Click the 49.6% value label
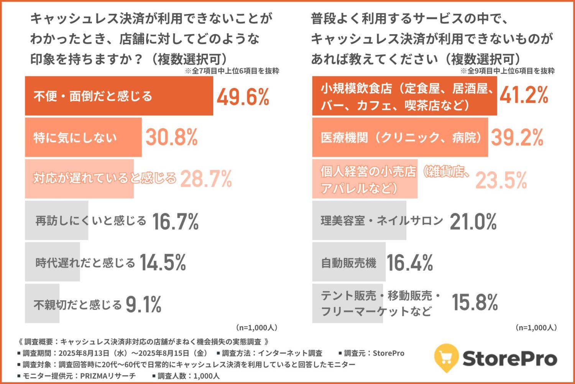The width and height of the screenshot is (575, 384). [243, 96]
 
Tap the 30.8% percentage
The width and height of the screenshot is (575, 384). [171, 137]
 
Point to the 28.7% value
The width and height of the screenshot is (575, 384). [206, 179]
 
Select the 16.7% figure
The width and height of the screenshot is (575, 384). [176, 222]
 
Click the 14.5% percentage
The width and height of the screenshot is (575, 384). [163, 263]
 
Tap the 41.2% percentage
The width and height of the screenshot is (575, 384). [524, 95]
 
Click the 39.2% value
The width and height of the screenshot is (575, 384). [517, 137]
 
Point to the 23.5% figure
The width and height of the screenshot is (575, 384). [501, 180]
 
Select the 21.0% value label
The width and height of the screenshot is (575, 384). [473, 222]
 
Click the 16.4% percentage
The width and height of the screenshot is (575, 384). [410, 263]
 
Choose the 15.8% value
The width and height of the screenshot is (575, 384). [475, 302]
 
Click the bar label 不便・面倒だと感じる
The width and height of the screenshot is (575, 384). [93, 96]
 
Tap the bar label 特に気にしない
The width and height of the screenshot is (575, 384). [75, 137]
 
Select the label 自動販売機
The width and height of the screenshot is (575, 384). [348, 263]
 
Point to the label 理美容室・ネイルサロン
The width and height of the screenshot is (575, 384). [382, 221]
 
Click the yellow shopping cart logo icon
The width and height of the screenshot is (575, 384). [446, 358]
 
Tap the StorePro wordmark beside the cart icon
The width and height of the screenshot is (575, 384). [510, 359]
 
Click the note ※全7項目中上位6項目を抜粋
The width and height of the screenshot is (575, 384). [232, 71]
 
